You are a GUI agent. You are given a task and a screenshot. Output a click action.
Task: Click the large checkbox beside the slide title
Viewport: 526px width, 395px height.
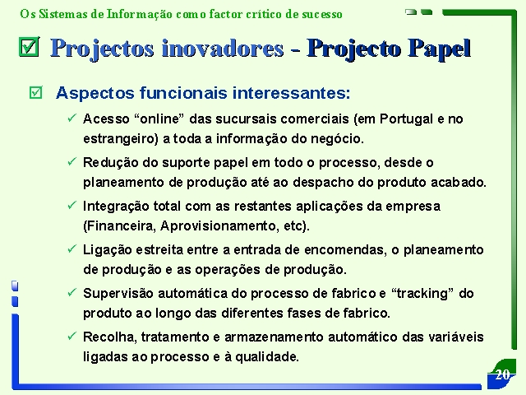(30, 46)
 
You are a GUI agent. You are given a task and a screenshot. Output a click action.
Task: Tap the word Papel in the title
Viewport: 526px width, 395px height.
(440, 49)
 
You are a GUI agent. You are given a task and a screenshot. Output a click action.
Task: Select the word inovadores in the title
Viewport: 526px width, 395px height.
(223, 48)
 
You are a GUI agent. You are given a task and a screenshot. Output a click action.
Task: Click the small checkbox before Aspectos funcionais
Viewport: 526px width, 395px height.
(36, 92)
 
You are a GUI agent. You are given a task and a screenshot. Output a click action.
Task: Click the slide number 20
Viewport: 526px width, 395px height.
(502, 374)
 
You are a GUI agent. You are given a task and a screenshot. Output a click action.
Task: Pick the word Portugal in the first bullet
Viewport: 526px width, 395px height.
(406, 118)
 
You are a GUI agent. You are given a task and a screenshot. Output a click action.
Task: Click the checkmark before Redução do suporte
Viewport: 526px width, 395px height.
(72, 161)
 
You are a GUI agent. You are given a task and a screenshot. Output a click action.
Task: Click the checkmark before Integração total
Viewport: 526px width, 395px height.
(72, 205)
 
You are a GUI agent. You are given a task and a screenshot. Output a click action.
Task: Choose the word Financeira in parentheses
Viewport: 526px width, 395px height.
(119, 226)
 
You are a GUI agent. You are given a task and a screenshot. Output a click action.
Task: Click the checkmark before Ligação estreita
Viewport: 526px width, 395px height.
(72, 249)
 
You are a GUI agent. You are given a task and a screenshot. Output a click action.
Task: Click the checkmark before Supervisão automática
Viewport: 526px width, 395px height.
(72, 292)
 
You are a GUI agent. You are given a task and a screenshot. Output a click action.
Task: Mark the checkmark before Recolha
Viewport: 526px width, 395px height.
(72, 336)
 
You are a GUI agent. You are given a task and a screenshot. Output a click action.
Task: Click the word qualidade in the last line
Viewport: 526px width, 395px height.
(266, 357)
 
